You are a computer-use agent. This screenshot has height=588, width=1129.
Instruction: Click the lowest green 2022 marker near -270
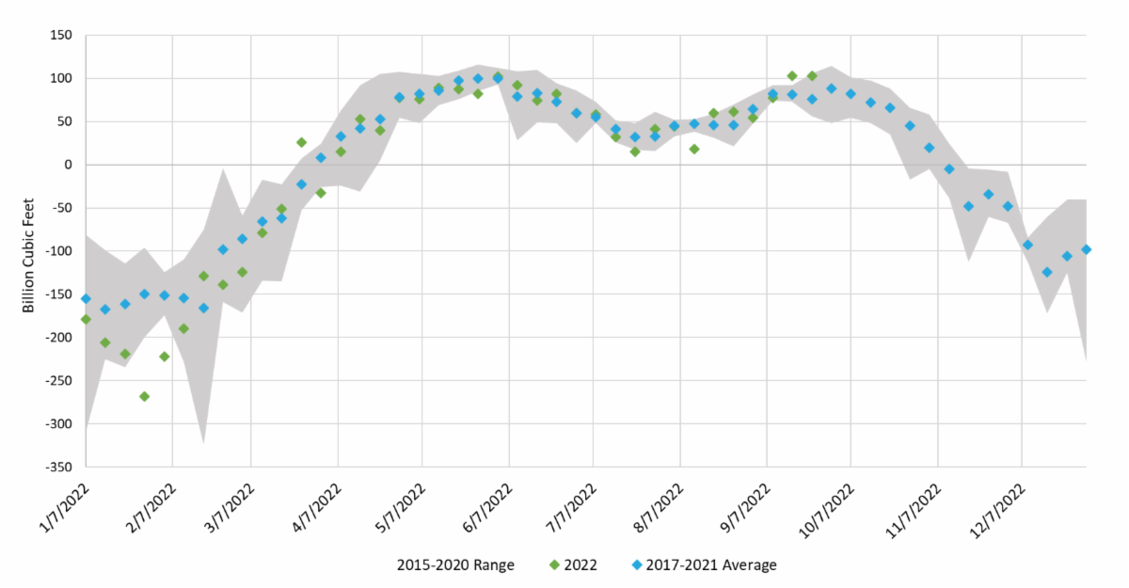pyautogui.click(x=144, y=396)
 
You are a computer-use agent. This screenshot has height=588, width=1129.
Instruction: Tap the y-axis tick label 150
pyautogui.click(x=61, y=35)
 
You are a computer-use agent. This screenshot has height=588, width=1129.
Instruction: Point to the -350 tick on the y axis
pyautogui.click(x=56, y=467)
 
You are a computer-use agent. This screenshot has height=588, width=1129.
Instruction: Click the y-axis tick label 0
pyautogui.click(x=68, y=165)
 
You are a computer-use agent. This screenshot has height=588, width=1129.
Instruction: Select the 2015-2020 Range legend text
pyautogui.click(x=454, y=564)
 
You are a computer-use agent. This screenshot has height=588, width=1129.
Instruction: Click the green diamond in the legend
pyautogui.click(x=554, y=564)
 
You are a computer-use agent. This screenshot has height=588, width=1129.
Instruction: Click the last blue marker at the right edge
pyautogui.click(x=1086, y=249)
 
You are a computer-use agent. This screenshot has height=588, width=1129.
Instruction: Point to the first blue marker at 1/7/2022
pyautogui.click(x=86, y=298)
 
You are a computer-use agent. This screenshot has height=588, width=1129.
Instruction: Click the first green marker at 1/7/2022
pyautogui.click(x=86, y=319)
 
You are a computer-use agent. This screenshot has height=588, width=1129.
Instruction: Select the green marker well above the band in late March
pyautogui.click(x=301, y=142)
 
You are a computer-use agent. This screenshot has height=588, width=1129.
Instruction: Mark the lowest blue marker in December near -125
pyautogui.click(x=1046, y=272)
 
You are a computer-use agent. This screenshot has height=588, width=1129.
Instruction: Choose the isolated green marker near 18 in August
pyautogui.click(x=693, y=149)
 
